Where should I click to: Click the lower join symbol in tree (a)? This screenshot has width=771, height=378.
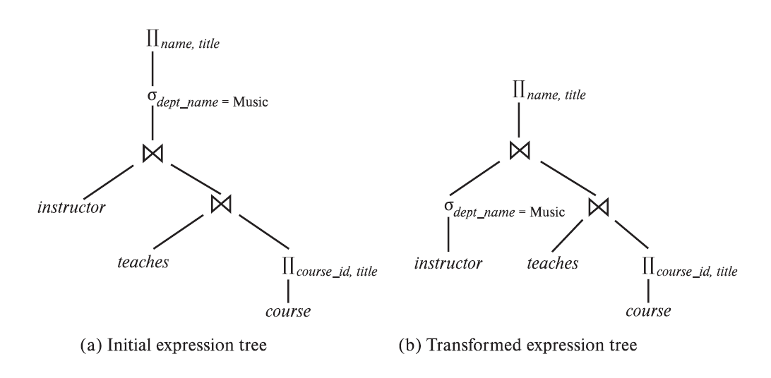click(x=221, y=205)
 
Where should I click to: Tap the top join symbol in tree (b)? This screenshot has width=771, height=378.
click(x=520, y=150)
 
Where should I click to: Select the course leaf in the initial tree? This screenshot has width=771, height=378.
click(x=289, y=310)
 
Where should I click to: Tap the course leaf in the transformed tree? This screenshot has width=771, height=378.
click(x=648, y=310)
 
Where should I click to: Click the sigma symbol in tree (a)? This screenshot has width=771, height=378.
click(x=151, y=94)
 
